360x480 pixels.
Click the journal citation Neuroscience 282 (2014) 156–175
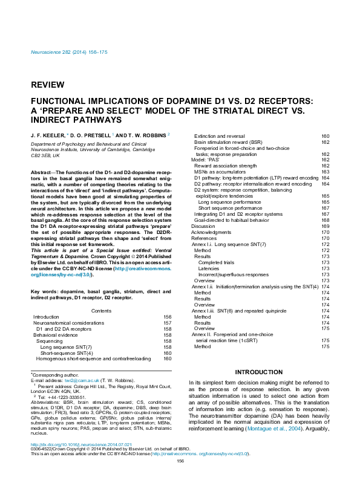(69, 53)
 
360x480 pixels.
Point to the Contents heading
(101, 311)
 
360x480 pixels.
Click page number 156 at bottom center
(180, 478)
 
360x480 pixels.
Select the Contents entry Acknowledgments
(211, 232)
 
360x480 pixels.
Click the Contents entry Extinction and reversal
(219, 136)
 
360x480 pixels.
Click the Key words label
(45, 292)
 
